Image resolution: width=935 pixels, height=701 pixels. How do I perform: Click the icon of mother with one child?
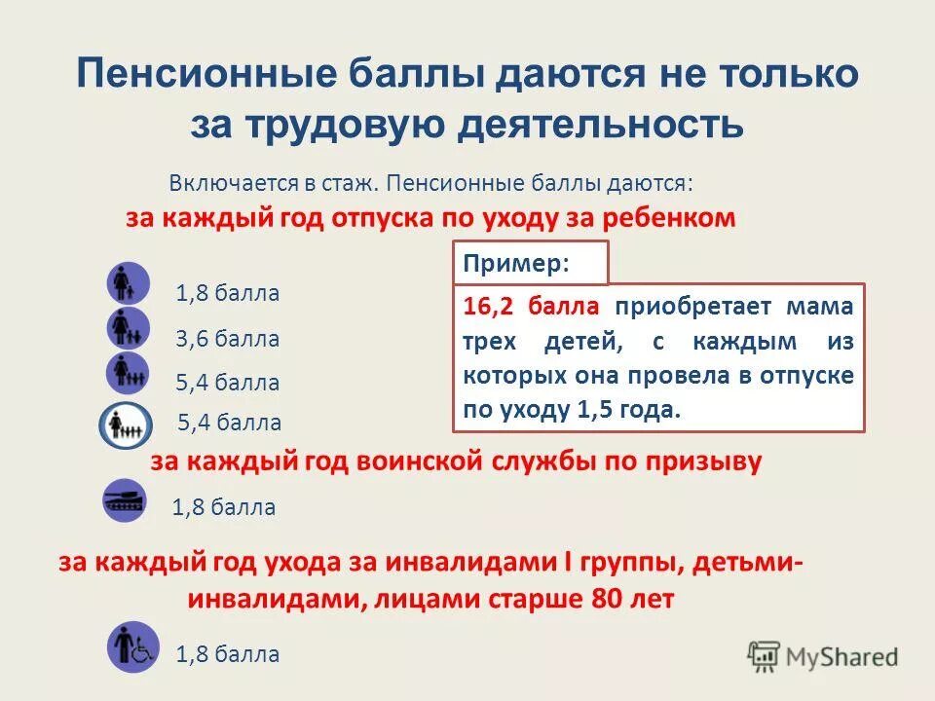128,283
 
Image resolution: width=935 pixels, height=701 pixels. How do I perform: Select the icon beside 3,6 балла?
128,328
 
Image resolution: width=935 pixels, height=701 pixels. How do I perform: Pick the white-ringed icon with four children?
126,424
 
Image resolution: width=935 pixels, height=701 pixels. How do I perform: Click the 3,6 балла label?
227,340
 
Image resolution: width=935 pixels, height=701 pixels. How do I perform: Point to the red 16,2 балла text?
531,308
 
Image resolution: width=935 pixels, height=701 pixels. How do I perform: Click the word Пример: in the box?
516,263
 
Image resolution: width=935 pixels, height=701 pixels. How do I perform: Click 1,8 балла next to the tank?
223,507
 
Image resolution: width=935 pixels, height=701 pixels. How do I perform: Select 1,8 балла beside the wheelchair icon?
227,654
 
